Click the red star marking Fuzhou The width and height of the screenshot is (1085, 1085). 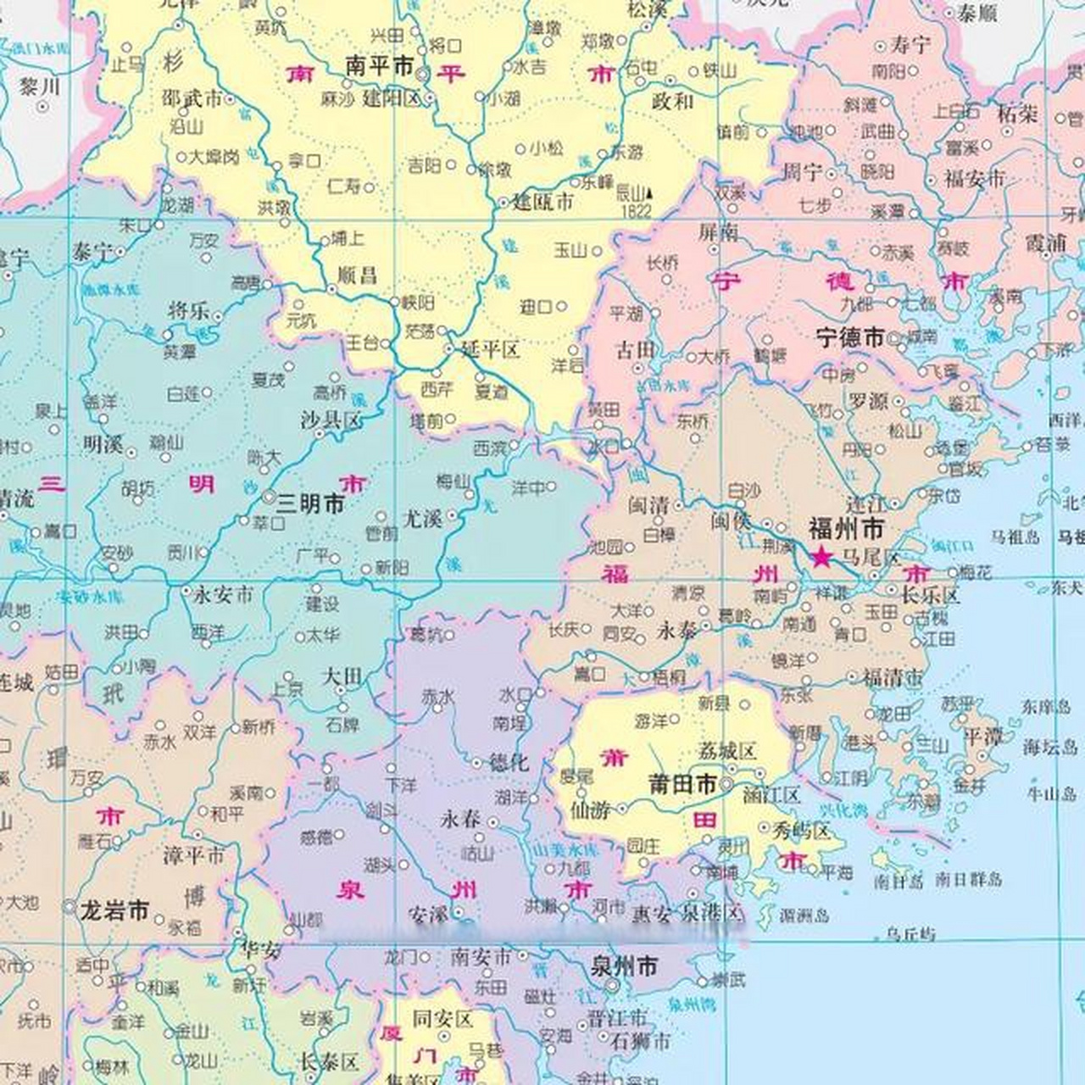(x=821, y=557)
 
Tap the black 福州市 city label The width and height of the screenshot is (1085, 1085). (x=845, y=530)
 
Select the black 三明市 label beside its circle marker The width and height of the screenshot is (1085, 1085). (x=311, y=504)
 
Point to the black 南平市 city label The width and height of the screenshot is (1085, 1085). (x=380, y=66)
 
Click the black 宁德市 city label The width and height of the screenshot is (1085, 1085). (x=850, y=337)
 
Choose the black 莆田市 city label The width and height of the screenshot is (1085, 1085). (x=682, y=784)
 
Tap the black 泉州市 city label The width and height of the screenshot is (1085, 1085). (x=624, y=966)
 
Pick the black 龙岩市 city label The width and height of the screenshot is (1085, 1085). (x=114, y=911)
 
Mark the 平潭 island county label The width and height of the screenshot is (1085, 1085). (x=983, y=736)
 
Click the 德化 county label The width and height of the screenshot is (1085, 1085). (x=509, y=762)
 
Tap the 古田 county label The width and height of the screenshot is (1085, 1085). (x=635, y=349)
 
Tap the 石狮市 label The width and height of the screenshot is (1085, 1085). (x=640, y=1040)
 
